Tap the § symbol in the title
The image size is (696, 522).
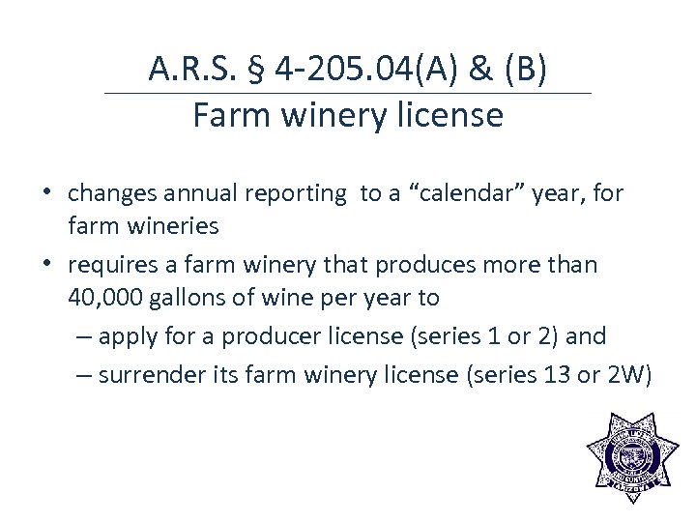256,70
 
